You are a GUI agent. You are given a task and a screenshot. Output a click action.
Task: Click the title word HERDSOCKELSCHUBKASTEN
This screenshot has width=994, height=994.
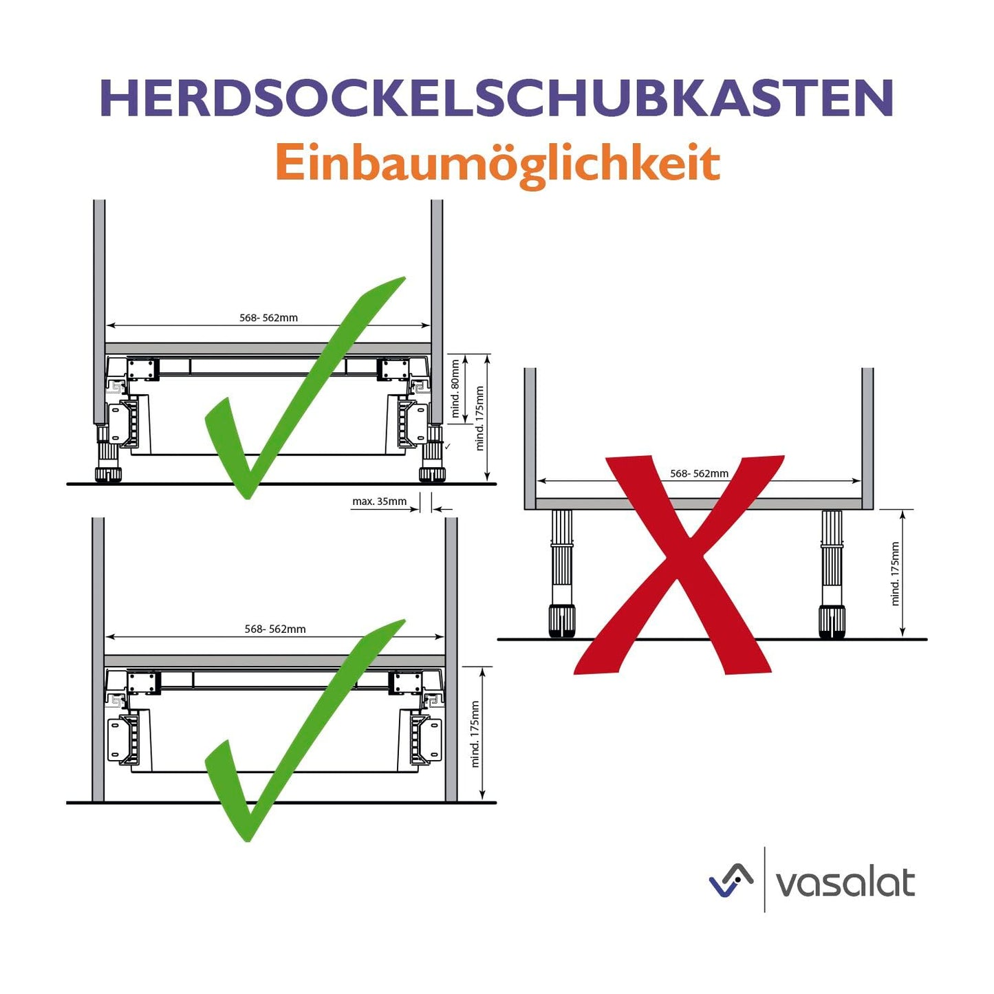pyautogui.click(x=497, y=98)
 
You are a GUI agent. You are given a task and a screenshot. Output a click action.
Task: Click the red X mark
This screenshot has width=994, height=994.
pyautogui.click(x=680, y=565)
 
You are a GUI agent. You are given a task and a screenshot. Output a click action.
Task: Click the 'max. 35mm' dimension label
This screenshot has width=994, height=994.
pyautogui.click(x=379, y=501)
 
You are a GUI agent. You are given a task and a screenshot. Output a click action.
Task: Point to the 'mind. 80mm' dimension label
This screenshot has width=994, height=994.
pyautogui.click(x=455, y=389)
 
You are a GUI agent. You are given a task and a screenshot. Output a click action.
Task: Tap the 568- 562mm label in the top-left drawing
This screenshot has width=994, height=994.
pyautogui.click(x=268, y=318)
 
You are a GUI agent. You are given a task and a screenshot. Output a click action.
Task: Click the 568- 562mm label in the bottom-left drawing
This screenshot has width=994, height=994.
pyautogui.click(x=275, y=629)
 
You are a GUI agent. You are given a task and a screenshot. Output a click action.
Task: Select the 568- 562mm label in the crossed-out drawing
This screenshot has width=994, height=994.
pyautogui.click(x=699, y=473)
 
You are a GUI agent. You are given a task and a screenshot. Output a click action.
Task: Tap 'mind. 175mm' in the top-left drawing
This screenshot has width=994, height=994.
pyautogui.click(x=479, y=418)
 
